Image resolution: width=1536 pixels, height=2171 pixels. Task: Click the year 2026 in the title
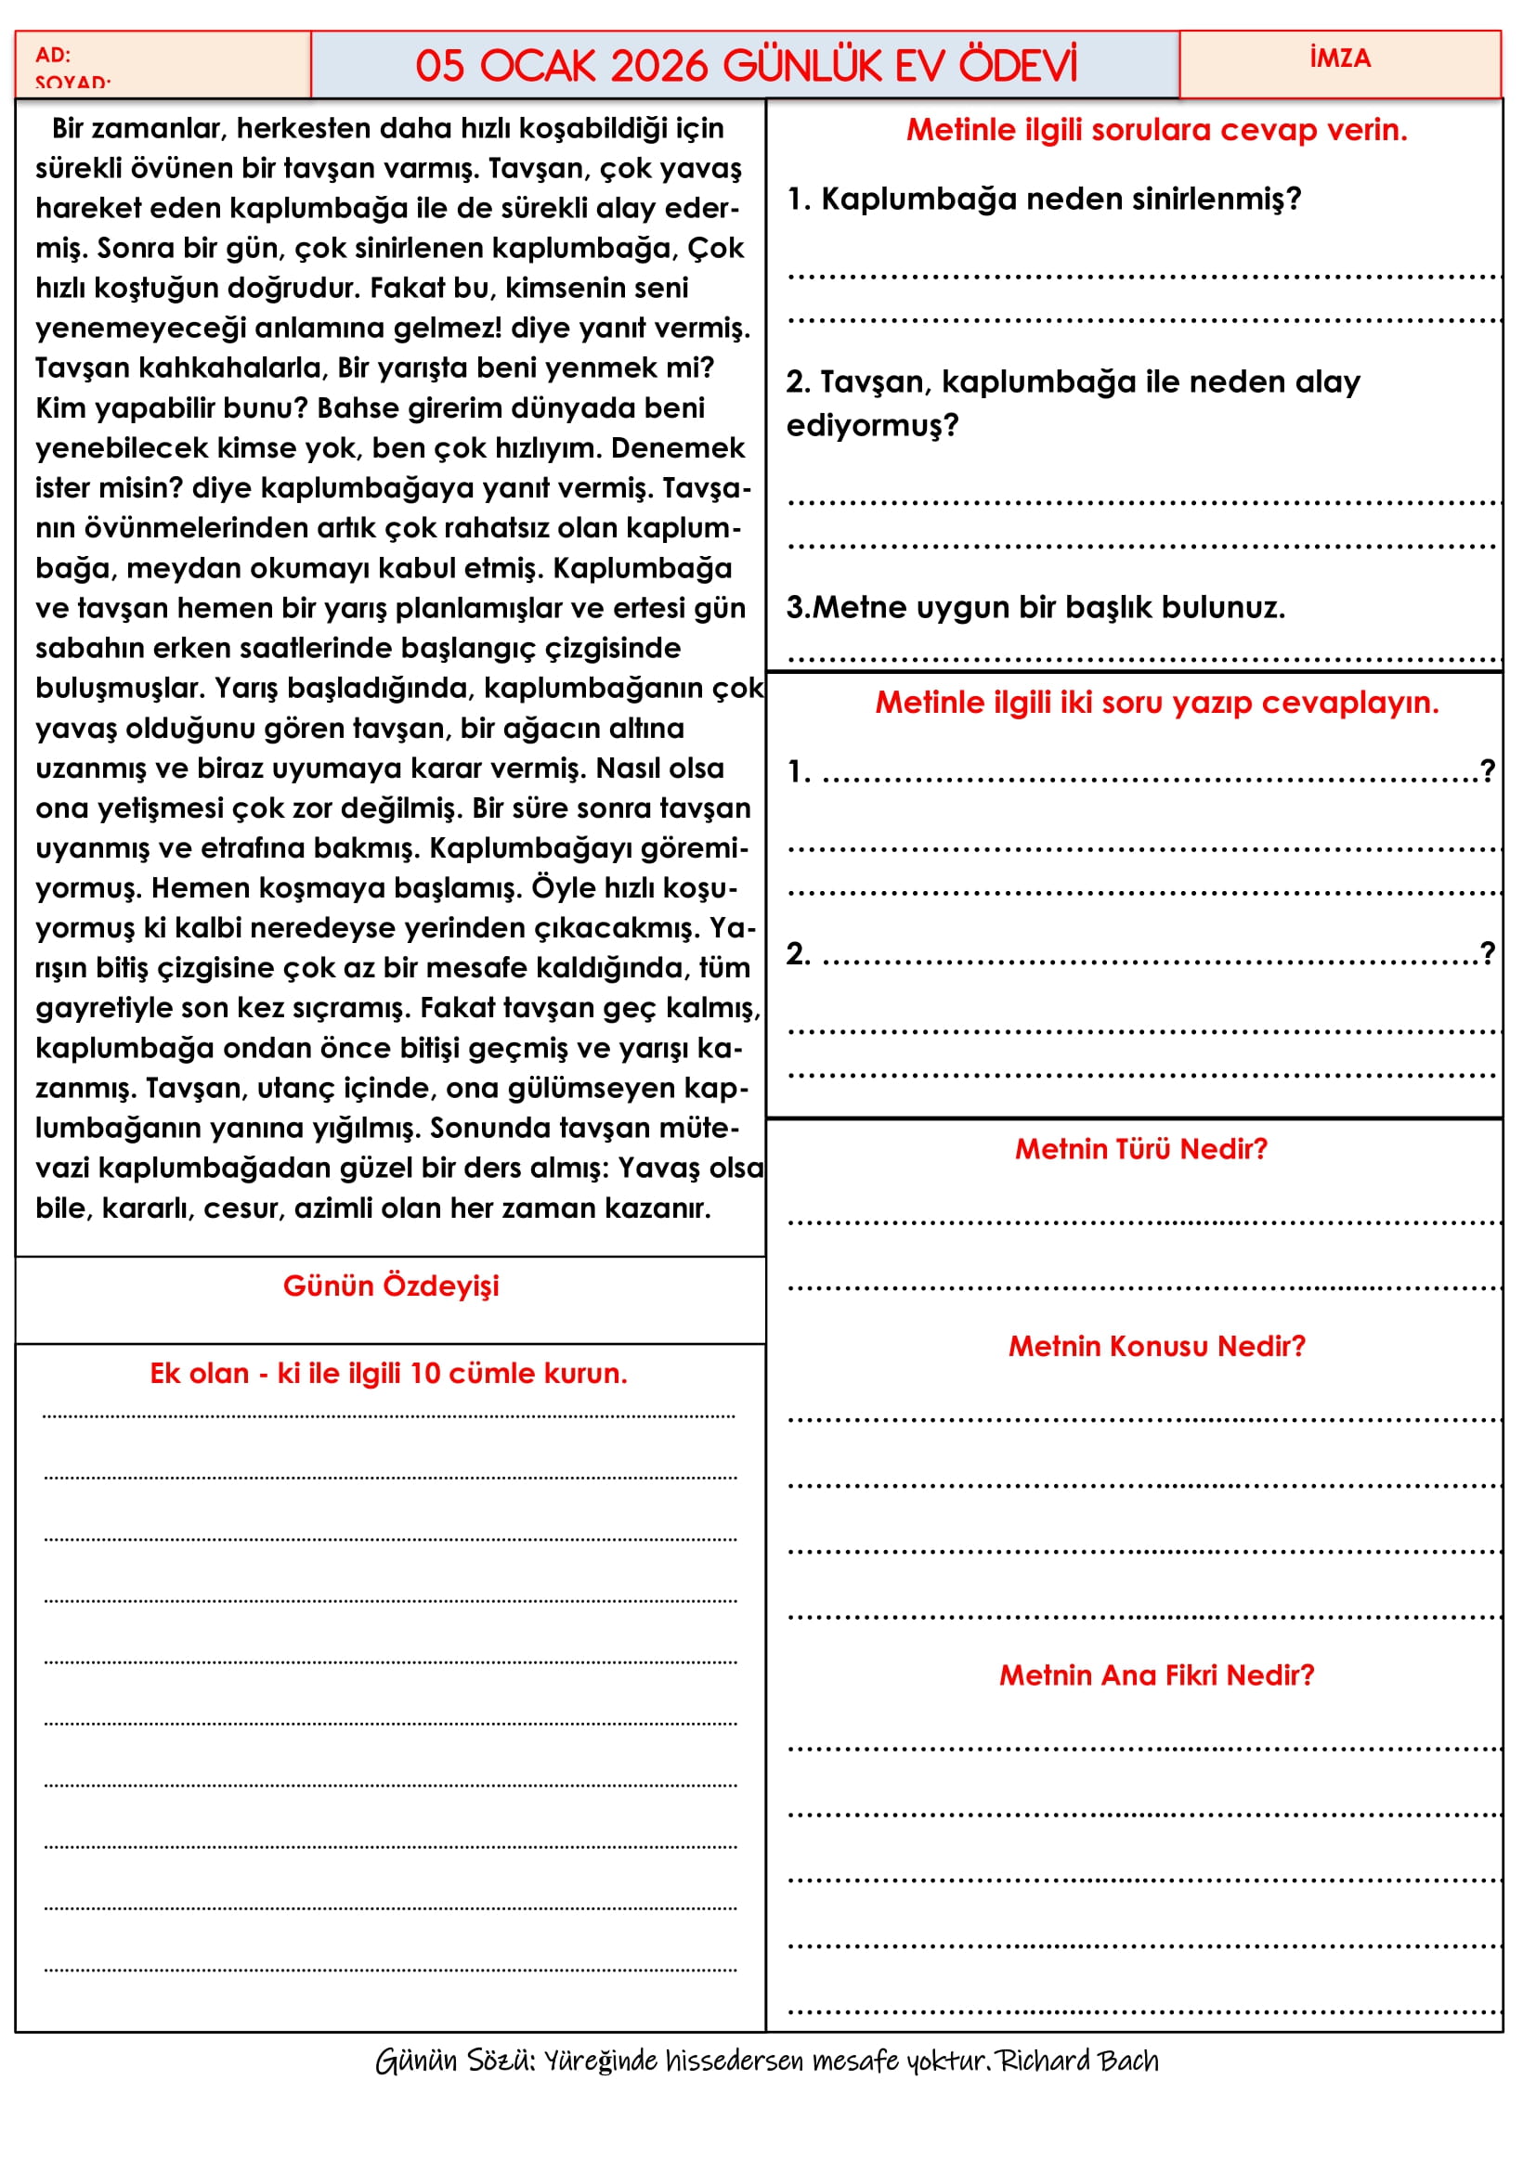point(658,66)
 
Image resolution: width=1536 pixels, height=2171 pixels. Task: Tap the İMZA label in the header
point(1339,58)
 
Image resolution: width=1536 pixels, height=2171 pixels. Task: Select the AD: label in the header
point(53,55)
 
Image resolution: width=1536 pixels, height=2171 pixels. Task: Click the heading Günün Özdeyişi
point(391,1286)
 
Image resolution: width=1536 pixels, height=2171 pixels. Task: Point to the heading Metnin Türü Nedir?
point(1140,1149)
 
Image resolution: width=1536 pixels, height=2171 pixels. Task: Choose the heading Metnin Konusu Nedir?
point(1156,1346)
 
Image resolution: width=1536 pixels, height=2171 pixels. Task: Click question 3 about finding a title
point(1035,607)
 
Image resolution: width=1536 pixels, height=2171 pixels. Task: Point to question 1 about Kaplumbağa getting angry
point(1044,199)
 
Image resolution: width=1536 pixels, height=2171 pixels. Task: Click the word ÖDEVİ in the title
point(1018,66)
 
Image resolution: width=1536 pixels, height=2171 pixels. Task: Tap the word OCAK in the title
point(537,66)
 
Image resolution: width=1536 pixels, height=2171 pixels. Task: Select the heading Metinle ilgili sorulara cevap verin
point(1156,130)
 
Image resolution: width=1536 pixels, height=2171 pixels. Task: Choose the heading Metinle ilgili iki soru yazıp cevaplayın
point(1156,703)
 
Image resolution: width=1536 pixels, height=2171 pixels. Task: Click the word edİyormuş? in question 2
point(872,425)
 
